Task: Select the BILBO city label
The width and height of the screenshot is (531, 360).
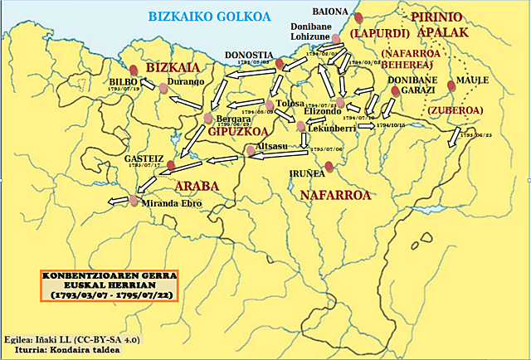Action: pos(124,83)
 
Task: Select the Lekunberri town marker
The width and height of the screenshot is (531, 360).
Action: pos(300,126)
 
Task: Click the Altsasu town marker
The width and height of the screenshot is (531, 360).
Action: pos(251,150)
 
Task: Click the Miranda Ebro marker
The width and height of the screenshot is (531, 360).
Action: pos(134,201)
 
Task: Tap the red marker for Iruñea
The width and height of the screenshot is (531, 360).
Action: pos(329,167)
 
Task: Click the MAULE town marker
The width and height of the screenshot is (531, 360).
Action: pos(451,85)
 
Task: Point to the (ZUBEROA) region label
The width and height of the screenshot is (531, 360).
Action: pos(455,109)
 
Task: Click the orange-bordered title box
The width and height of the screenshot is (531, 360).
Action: pos(110,285)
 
